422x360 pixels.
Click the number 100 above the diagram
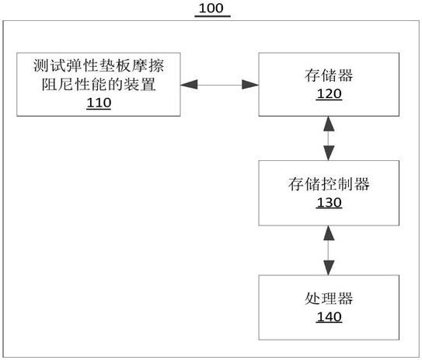tap(211, 8)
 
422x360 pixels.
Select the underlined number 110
tap(99, 103)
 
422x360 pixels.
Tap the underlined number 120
tap(330, 94)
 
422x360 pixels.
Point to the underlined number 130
tap(330, 202)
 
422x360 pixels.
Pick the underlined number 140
tap(330, 316)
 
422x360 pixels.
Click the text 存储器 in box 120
tap(329, 75)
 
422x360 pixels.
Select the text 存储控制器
tap(329, 184)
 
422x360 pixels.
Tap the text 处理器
tap(329, 299)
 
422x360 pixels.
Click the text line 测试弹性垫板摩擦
tap(99, 65)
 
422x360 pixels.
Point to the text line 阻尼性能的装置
tap(99, 84)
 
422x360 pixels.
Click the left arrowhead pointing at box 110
tap(189, 85)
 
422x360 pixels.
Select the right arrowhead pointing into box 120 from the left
tap(250, 85)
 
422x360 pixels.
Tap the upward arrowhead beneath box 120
tap(329, 124)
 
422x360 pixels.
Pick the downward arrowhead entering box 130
tap(329, 153)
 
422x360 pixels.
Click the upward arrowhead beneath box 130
tap(329, 233)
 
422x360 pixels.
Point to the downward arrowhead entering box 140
tap(329, 267)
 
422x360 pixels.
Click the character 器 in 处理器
tap(345, 299)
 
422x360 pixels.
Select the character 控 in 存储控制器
tap(329, 184)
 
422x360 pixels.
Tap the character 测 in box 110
tap(41, 65)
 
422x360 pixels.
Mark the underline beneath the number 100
tap(213, 16)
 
